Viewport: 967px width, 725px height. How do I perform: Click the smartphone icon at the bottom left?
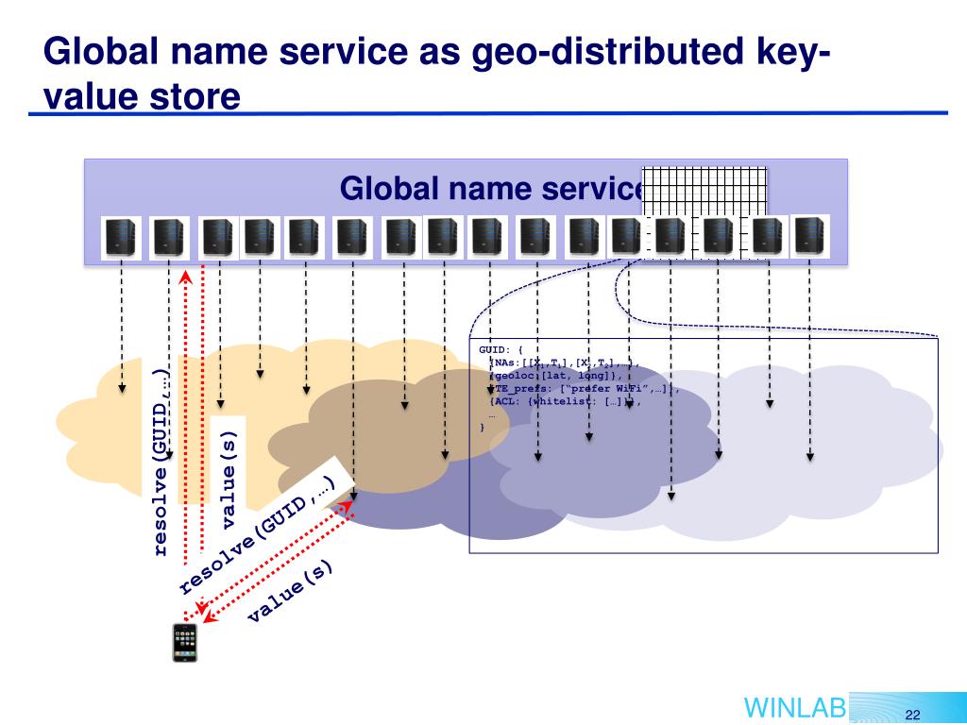[x=185, y=643]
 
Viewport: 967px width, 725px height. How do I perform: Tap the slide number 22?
[x=911, y=714]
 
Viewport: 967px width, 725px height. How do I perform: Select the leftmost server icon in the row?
[x=121, y=237]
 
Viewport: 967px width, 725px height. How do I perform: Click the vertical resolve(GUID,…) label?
[x=161, y=461]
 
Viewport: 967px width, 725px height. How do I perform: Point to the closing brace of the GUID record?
[x=483, y=427]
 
